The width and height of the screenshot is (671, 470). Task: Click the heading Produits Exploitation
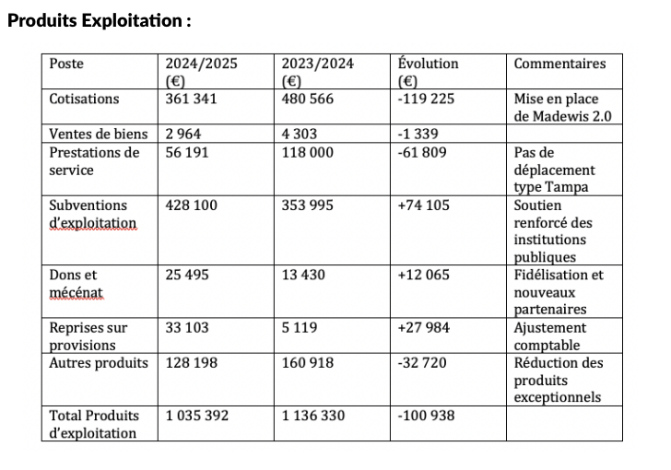[99, 19]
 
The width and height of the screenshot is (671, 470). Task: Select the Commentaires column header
[559, 64]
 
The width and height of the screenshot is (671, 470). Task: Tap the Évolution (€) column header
[428, 72]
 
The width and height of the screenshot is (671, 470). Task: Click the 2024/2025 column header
[201, 72]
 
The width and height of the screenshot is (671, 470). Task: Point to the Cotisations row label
[84, 99]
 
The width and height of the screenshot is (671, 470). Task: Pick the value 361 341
[191, 99]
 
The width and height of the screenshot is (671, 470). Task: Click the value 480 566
[307, 99]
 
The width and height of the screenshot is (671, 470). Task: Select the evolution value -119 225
[426, 99]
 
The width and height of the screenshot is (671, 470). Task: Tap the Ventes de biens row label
[98, 134]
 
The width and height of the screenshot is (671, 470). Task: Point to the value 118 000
[307, 152]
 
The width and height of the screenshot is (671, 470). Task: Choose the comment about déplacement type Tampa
[555, 170]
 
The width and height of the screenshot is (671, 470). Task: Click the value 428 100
[191, 205]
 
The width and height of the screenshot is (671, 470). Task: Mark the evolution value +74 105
[423, 205]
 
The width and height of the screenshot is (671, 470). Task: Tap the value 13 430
[303, 275]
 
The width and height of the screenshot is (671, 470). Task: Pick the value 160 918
[307, 362]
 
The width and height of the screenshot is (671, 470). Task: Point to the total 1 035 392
[196, 416]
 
